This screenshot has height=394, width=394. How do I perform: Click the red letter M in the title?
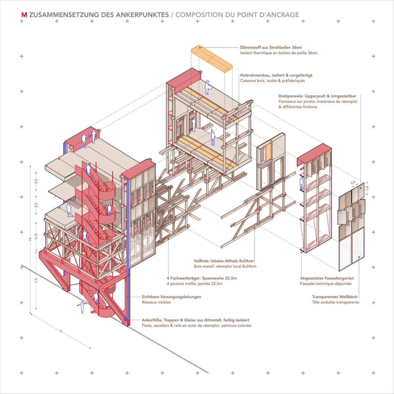pyautogui.click(x=24, y=15)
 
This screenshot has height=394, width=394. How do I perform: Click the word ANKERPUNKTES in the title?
pyautogui.click(x=142, y=15)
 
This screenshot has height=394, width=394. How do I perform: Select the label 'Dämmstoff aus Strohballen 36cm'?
pyautogui.click(x=271, y=47)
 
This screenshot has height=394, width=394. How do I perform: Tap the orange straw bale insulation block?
pyautogui.click(x=212, y=58)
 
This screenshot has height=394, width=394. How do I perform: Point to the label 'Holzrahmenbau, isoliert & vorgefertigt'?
pyautogui.click(x=276, y=75)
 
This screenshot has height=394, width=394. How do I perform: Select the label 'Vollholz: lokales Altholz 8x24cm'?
pyautogui.click(x=224, y=261)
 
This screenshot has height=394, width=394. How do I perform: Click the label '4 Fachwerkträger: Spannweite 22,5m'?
pyautogui.click(x=202, y=278)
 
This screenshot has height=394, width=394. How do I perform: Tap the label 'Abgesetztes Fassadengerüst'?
pyautogui.click(x=327, y=278)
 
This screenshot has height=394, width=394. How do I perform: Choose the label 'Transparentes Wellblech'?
pyautogui.click(x=335, y=297)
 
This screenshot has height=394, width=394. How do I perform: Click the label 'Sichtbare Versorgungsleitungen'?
pyautogui.click(x=171, y=297)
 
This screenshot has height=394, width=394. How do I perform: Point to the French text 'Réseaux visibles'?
pyautogui.click(x=156, y=302)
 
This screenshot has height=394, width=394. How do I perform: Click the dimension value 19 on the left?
pyautogui.click(x=31, y=239)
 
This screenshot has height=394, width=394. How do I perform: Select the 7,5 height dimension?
pyautogui.click(x=36, y=280)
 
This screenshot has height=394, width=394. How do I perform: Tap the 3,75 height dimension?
pyautogui.click(x=36, y=236)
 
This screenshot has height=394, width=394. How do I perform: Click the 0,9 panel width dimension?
pyautogui.click(x=353, y=183)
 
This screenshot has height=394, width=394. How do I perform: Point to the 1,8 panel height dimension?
pyautogui.click(x=367, y=187)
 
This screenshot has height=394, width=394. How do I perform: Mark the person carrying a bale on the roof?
pyautogui.click(x=208, y=87)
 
